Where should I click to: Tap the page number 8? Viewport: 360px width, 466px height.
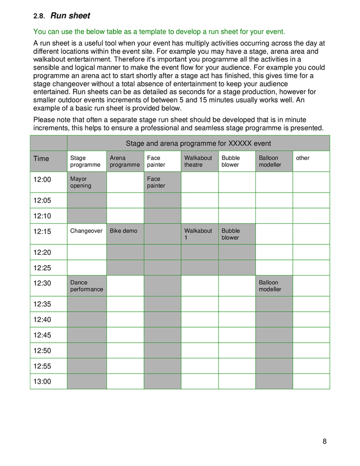click(324, 442)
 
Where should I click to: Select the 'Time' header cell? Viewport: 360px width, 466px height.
click(41, 158)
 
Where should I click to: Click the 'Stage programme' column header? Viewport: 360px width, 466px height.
click(85, 162)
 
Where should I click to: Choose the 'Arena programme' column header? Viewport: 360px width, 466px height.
click(125, 162)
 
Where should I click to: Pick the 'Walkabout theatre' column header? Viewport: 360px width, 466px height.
click(198, 162)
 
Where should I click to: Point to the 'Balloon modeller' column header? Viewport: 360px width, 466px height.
click(270, 162)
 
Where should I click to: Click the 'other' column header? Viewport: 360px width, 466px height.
click(303, 158)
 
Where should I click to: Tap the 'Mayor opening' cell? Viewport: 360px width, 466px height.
click(81, 182)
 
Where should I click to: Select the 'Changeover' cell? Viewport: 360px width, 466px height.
click(87, 231)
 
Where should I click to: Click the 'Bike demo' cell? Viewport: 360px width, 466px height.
click(124, 231)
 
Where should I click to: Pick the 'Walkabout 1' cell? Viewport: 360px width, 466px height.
click(198, 234)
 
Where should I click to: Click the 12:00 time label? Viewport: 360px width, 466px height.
click(42, 180)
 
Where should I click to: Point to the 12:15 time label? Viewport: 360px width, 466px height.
click(42, 231)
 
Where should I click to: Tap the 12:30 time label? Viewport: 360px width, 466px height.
click(42, 283)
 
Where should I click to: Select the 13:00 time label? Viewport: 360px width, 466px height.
click(42, 382)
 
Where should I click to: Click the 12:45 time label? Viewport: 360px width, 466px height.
click(42, 335)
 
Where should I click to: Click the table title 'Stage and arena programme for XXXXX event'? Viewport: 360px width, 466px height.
click(198, 143)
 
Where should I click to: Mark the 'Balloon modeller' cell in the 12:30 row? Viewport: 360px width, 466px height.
click(270, 286)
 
